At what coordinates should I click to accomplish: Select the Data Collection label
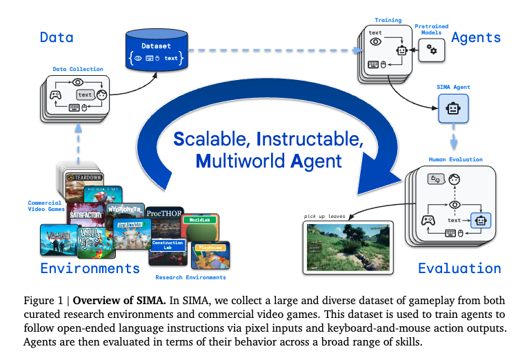[78, 69]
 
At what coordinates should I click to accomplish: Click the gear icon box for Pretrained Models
[432, 48]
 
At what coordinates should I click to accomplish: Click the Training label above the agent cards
[388, 20]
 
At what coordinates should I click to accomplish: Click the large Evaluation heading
[459, 268]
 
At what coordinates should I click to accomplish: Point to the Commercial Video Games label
[46, 206]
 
